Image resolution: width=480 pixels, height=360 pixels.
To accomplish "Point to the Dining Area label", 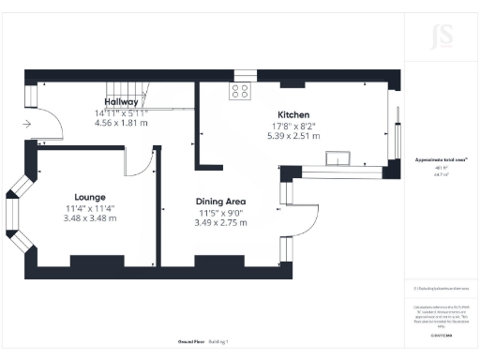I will coord(220,202).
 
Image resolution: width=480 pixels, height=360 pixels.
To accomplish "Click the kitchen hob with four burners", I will coord(240,91).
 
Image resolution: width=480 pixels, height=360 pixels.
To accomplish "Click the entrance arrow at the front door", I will coord(28,123).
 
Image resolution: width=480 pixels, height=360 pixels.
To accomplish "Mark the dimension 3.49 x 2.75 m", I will coord(220,223).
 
